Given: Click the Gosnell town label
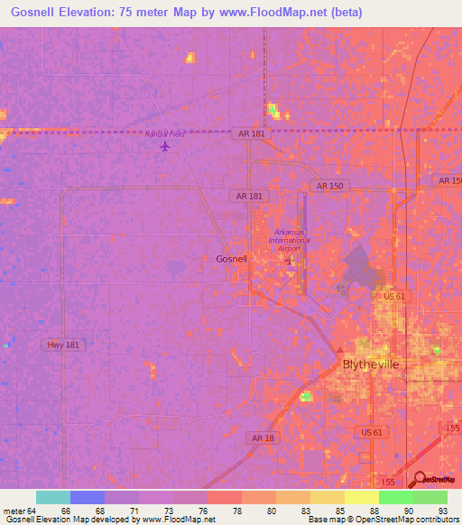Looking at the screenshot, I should tap(231, 259).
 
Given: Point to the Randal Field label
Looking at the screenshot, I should tap(165, 134).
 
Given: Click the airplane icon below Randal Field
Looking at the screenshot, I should tap(163, 146).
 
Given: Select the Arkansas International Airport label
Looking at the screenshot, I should tap(288, 239).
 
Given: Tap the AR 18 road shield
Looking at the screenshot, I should tap(262, 437).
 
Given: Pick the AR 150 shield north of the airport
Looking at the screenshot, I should tap(330, 186).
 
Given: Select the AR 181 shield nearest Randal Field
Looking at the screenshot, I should tap(251, 133).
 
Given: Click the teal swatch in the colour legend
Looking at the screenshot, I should tap(53, 497).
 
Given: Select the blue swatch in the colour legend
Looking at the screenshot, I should tap(88, 497).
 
